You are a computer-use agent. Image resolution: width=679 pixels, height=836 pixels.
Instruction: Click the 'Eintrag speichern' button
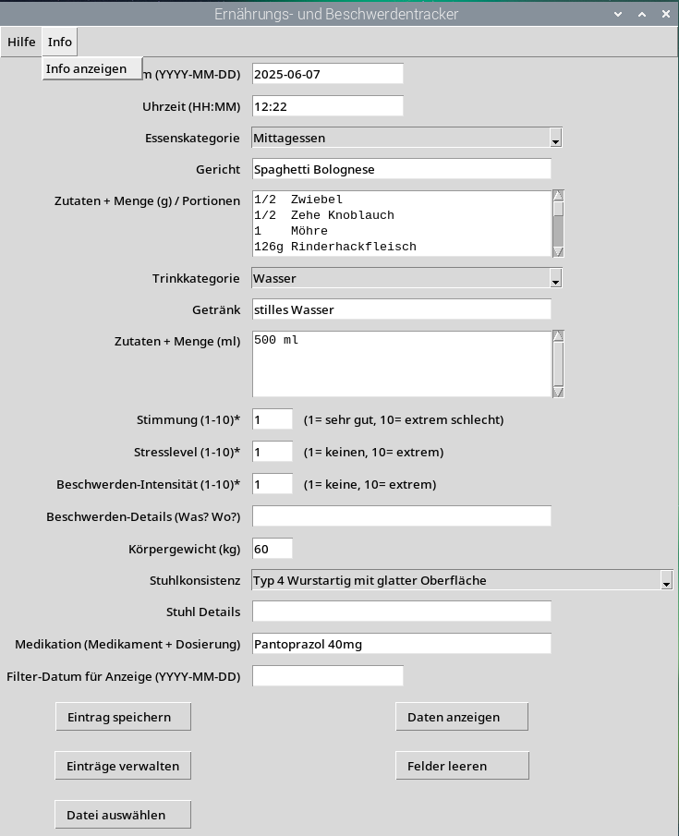coord(124,717)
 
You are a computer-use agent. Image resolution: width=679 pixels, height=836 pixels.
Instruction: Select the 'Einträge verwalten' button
coord(124,766)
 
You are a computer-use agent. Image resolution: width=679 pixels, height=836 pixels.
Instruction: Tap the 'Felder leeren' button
coord(462,766)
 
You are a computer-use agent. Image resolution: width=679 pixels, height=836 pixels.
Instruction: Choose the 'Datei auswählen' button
coord(124,815)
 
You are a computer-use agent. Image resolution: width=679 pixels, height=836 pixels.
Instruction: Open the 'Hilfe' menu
coord(21,42)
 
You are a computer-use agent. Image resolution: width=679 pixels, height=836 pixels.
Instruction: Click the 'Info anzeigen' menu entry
coord(91,68)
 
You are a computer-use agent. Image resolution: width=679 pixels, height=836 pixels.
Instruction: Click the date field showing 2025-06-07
coord(327,74)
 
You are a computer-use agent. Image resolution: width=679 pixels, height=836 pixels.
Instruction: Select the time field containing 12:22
coord(327,106)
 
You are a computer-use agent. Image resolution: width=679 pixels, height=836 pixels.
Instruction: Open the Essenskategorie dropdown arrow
coord(555,139)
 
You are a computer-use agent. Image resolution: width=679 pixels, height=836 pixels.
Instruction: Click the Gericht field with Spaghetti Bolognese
coord(401,170)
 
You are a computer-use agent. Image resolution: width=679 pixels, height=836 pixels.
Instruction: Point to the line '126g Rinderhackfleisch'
coord(334,247)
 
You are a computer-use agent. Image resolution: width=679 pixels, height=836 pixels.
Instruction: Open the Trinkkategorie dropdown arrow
coord(555,279)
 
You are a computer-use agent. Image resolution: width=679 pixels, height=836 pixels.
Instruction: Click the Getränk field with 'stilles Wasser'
coord(401,309)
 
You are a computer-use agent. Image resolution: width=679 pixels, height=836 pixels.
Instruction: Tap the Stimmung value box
coord(272,419)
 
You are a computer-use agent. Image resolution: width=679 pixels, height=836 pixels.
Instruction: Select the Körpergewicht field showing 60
coord(272,549)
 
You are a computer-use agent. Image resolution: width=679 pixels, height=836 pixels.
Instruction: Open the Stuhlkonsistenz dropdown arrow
coord(666,581)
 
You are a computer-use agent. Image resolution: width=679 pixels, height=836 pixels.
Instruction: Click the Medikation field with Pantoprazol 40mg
coord(401,644)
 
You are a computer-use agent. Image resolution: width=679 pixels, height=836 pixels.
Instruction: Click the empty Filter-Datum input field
coord(327,676)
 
